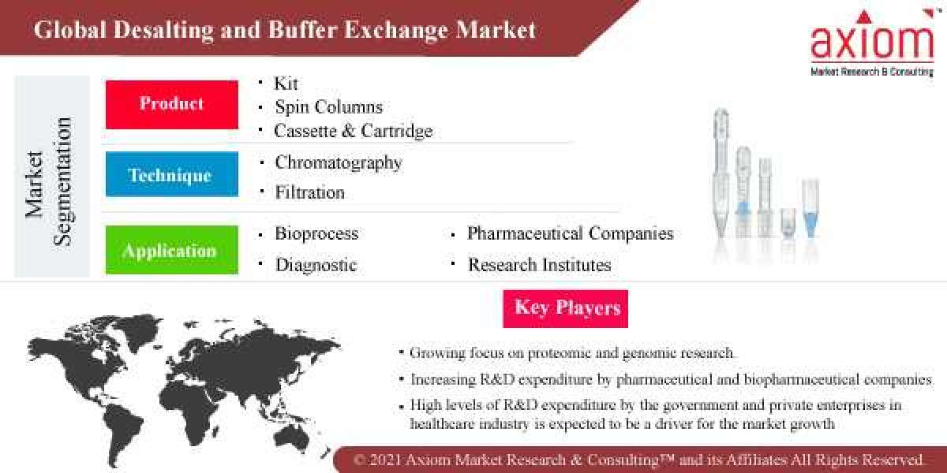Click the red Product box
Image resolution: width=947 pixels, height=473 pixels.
click(171, 104)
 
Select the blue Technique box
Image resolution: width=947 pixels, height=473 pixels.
click(171, 174)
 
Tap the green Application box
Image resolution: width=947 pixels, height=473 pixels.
click(171, 251)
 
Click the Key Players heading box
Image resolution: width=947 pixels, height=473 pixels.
click(567, 307)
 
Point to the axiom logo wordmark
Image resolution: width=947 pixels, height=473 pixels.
click(872, 43)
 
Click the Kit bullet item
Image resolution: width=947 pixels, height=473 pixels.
click(286, 84)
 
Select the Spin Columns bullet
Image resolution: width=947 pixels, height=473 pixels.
click(328, 107)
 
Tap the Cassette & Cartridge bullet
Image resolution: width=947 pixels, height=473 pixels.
click(353, 131)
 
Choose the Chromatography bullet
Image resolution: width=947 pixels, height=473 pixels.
click(338, 163)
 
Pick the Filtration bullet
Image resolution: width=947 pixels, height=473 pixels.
click(309, 192)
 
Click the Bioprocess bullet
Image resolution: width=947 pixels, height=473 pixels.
click(316, 234)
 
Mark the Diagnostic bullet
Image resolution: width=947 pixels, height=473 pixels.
click(316, 266)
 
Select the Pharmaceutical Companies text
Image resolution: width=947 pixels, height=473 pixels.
click(570, 234)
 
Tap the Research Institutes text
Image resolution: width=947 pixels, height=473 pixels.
click(539, 266)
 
